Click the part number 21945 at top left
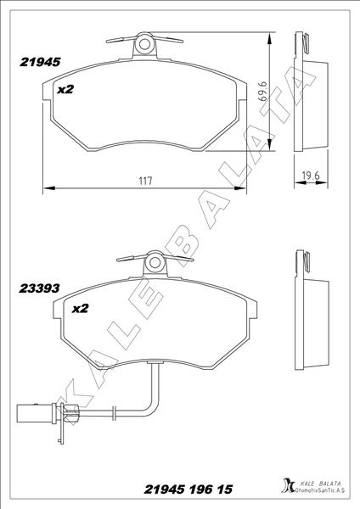point(38,61)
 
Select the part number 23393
point(38,288)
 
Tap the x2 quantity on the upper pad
point(66,88)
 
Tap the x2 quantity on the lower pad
point(81,309)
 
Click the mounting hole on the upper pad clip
point(144,43)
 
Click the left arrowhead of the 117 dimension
point(46,188)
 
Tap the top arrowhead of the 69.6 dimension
point(271,36)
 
